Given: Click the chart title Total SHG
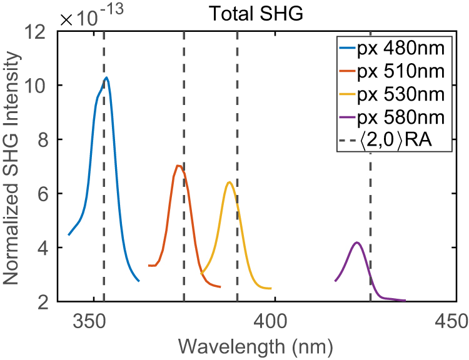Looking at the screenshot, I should point(265,14).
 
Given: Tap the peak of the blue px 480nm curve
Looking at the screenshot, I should point(107,78).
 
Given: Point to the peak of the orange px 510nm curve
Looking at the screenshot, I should point(178,166).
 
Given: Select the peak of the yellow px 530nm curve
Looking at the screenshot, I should point(229,182).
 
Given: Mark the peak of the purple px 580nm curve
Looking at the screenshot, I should point(356,242).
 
